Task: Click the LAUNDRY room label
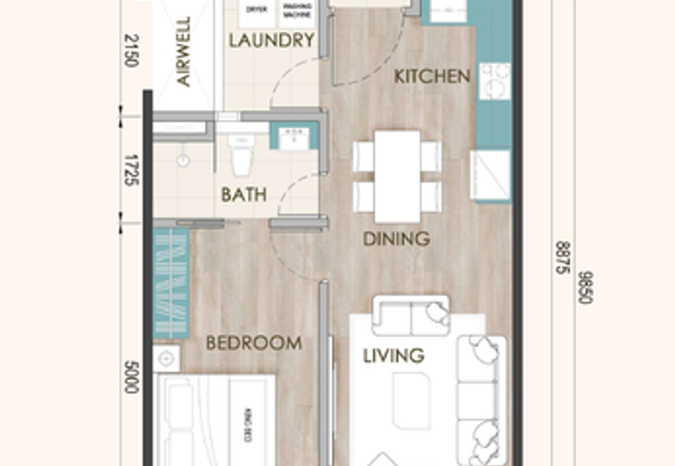pos(272,41)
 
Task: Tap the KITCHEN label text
pos(433,77)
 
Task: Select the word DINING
pos(397,239)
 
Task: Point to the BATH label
pos(244,195)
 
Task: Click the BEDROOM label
pos(254,344)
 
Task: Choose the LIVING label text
pos(393,355)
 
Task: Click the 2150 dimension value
pos(130,52)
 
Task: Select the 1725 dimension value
pos(130,169)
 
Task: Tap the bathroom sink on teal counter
pos(294,135)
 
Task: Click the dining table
pos(397,176)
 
